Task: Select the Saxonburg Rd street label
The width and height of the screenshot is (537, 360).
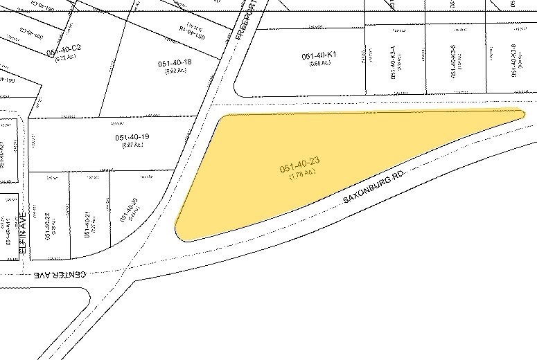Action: pyautogui.click(x=373, y=188)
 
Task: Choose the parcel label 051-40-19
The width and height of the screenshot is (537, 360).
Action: pyautogui.click(x=133, y=137)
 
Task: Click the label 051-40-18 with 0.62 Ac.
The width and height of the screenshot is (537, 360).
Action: pyautogui.click(x=175, y=63)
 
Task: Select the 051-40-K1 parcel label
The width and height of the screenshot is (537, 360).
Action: pyautogui.click(x=319, y=55)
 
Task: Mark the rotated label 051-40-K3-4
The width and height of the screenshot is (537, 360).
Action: pyautogui.click(x=393, y=63)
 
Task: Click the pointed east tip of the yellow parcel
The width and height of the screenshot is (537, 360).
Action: pyautogui.click(x=523, y=113)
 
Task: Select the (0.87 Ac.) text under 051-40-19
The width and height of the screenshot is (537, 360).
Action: pyautogui.click(x=132, y=145)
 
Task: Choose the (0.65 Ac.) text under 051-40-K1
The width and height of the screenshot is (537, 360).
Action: pyautogui.click(x=319, y=63)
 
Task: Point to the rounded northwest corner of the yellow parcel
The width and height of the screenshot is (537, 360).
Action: pyautogui.click(x=225, y=119)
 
